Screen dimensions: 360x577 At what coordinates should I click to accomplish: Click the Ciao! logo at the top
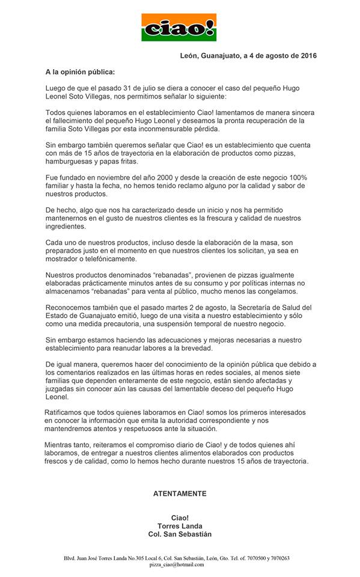tap(179, 27)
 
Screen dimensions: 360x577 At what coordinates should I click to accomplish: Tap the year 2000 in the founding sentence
tap(163, 178)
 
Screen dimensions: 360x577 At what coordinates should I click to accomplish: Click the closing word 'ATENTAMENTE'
tap(180, 493)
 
